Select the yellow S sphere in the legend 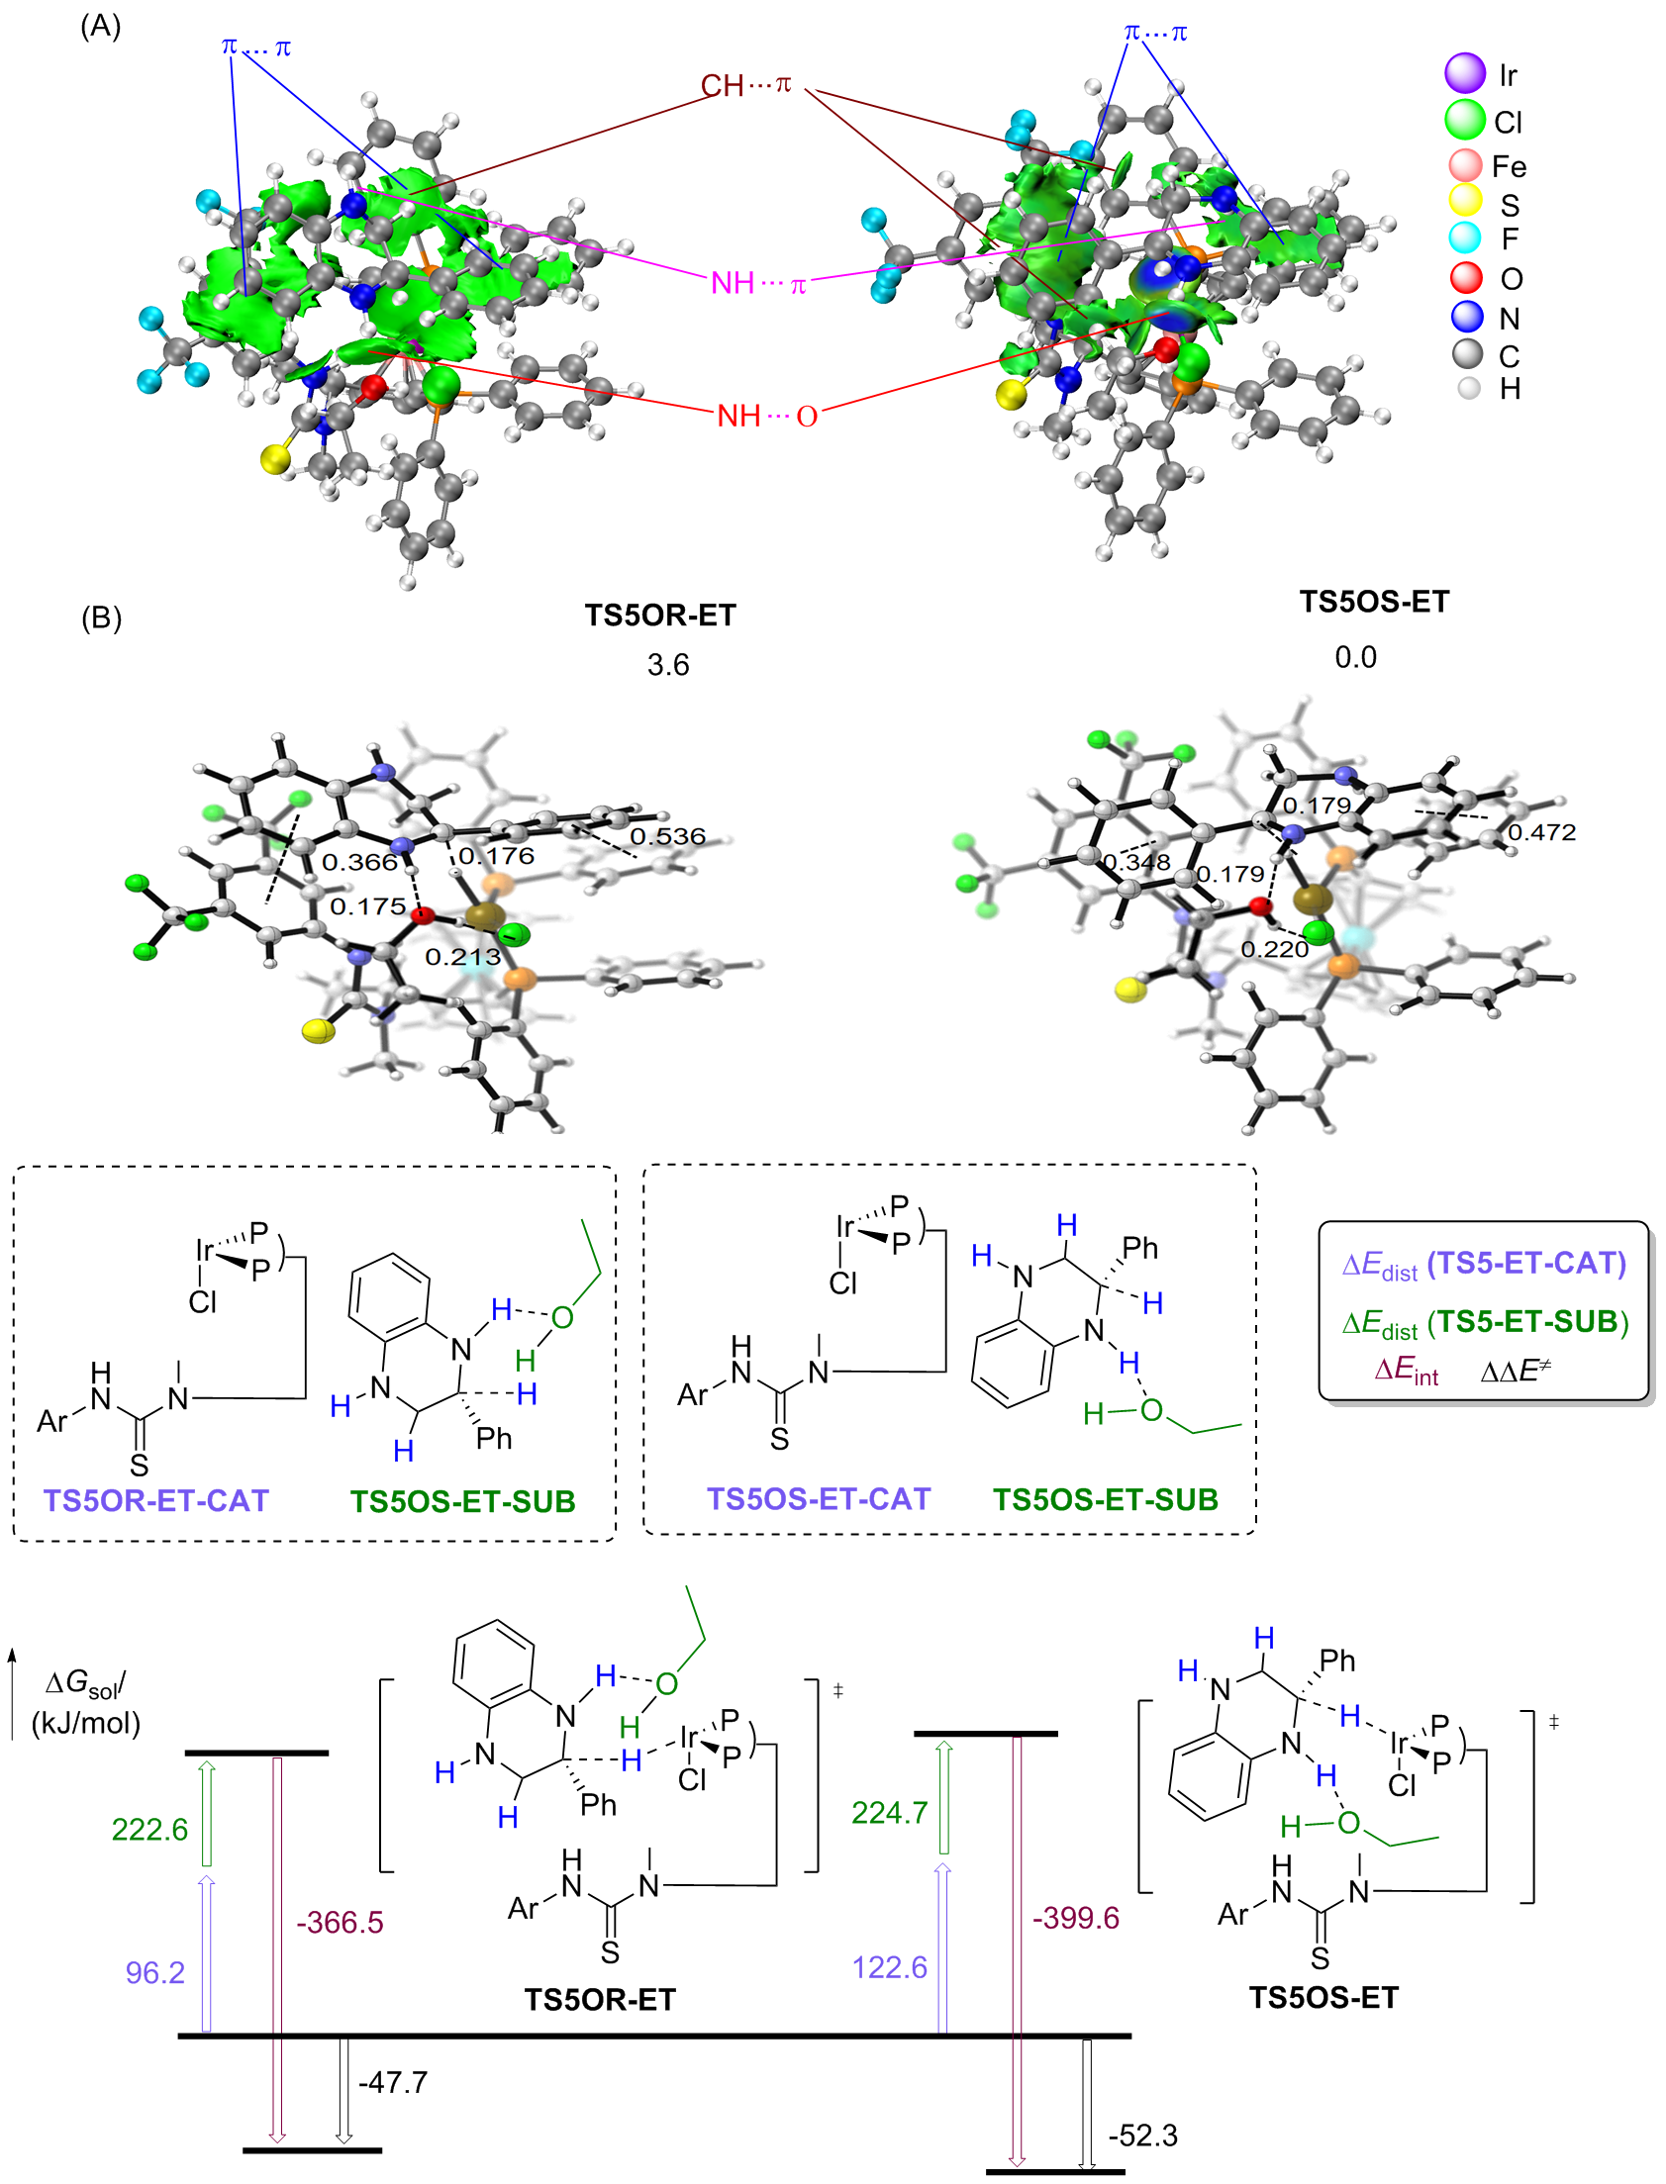1466,201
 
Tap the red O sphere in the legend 1466,277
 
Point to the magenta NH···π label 758,284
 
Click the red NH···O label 766,416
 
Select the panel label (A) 100,26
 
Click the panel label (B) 100,617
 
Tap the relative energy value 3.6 667,664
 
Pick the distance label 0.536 667,836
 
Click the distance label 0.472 1541,832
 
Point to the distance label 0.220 1274,949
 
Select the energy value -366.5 340,1923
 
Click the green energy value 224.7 890,1812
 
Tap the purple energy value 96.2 154,1972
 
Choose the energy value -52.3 1142,2135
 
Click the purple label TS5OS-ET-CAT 818,1498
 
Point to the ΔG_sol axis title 86,1701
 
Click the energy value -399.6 1075,1918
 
